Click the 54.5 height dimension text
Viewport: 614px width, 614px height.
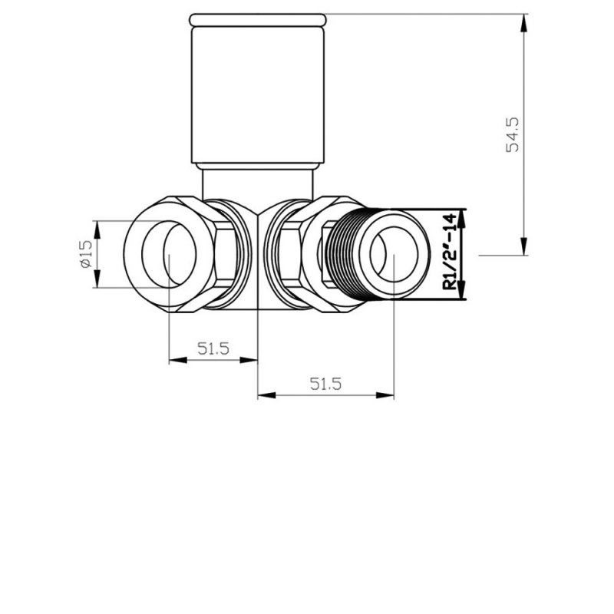click(513, 134)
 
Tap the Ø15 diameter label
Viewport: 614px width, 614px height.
click(85, 253)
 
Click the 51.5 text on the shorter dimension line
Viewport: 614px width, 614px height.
click(213, 348)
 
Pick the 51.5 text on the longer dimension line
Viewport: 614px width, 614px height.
click(325, 385)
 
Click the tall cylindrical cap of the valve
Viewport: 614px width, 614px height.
click(259, 92)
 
